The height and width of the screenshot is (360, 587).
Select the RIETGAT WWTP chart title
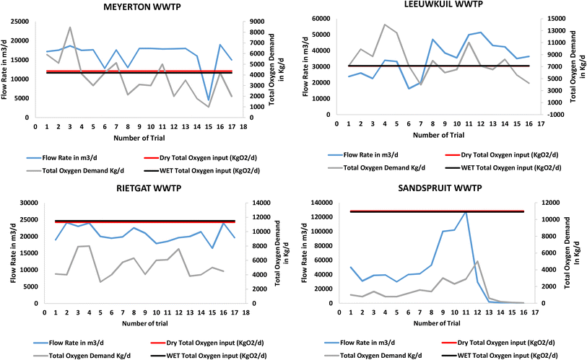click(x=137, y=190)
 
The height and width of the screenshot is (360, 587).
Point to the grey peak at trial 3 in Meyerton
click(x=70, y=27)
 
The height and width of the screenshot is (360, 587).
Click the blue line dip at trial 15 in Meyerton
click(x=209, y=100)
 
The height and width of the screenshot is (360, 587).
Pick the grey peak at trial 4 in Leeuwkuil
click(x=385, y=25)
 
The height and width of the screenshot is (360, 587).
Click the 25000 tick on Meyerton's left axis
click(x=19, y=22)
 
